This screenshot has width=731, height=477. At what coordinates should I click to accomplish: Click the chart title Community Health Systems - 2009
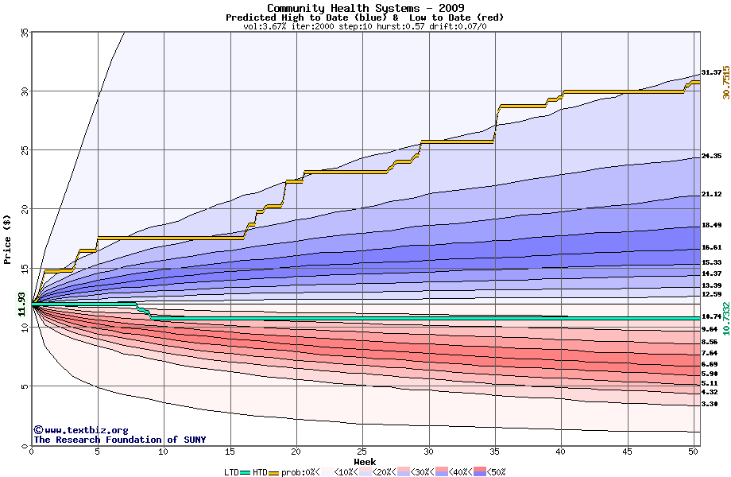(x=365, y=8)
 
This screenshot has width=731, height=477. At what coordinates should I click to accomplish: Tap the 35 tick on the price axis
(x=24, y=32)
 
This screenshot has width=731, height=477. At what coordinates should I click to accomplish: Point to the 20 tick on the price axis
(x=24, y=209)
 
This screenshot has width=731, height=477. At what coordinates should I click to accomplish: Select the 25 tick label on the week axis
(x=362, y=452)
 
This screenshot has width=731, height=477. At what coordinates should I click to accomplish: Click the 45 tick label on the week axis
(x=626, y=452)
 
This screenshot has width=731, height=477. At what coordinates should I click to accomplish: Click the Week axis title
(x=365, y=461)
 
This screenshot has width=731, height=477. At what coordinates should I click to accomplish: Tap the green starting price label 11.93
(x=21, y=304)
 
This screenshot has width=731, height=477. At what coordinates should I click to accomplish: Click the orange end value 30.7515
(x=725, y=82)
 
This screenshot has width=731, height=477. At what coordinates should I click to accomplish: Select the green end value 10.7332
(x=725, y=318)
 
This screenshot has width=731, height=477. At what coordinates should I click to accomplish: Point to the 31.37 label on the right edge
(x=711, y=72)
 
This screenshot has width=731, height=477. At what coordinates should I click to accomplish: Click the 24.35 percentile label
(x=711, y=156)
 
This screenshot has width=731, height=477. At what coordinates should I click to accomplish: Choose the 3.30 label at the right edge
(x=711, y=404)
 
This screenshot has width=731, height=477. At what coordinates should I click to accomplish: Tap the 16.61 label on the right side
(x=711, y=247)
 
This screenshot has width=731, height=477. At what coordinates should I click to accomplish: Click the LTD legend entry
(x=232, y=471)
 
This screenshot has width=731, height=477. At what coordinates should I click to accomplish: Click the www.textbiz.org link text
(x=81, y=429)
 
